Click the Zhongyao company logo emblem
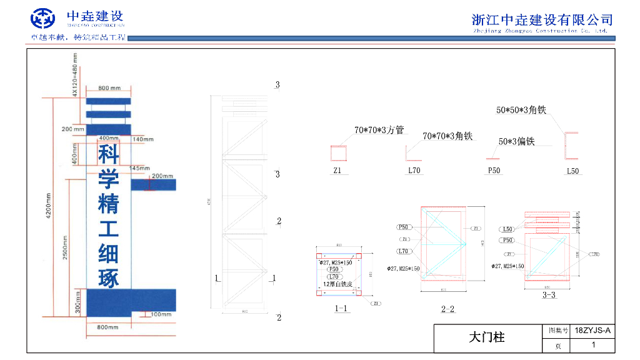[43, 19]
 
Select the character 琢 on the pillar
[108, 277]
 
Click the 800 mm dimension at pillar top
[109, 88]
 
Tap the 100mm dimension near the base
[161, 314]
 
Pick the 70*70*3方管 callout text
[379, 131]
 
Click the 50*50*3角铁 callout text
[521, 110]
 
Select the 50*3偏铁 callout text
[516, 142]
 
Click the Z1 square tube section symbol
[337, 154]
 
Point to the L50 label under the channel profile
[572, 171]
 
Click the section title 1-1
[342, 308]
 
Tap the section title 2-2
[447, 309]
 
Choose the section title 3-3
[549, 294]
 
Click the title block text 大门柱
[486, 337]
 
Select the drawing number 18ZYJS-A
[592, 330]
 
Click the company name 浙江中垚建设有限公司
[542, 19]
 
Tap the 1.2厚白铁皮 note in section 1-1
[337, 284]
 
